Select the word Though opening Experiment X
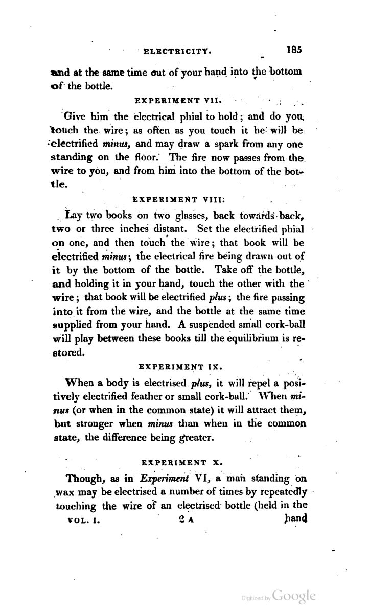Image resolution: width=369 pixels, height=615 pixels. pyautogui.click(x=84, y=481)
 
